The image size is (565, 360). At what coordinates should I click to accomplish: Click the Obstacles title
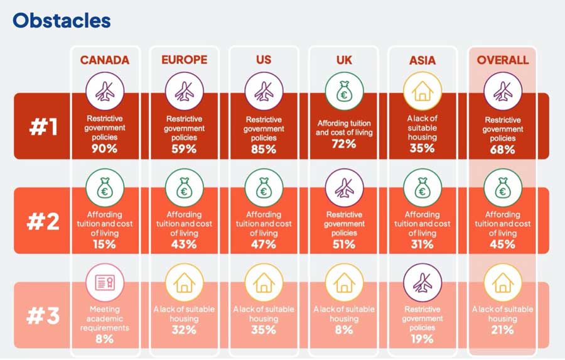(62, 21)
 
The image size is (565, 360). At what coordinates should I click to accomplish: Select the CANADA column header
(104, 60)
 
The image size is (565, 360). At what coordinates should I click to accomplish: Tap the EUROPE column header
(184, 60)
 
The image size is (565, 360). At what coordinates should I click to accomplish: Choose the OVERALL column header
(503, 60)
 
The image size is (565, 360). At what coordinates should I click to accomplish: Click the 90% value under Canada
(105, 149)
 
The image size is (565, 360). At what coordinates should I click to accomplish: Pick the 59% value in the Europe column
(184, 149)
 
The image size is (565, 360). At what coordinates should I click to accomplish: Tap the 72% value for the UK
(343, 144)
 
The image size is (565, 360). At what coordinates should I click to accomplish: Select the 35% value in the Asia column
(422, 148)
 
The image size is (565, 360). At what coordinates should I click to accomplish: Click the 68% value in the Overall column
(503, 150)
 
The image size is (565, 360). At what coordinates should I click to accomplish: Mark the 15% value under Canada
(105, 244)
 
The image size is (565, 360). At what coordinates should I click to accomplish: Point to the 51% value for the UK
(343, 244)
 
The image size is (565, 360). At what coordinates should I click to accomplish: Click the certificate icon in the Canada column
(105, 283)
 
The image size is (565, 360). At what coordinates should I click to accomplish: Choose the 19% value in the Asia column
(422, 339)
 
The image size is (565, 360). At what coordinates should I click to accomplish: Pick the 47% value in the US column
(264, 244)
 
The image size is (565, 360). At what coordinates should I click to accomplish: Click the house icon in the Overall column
(503, 283)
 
